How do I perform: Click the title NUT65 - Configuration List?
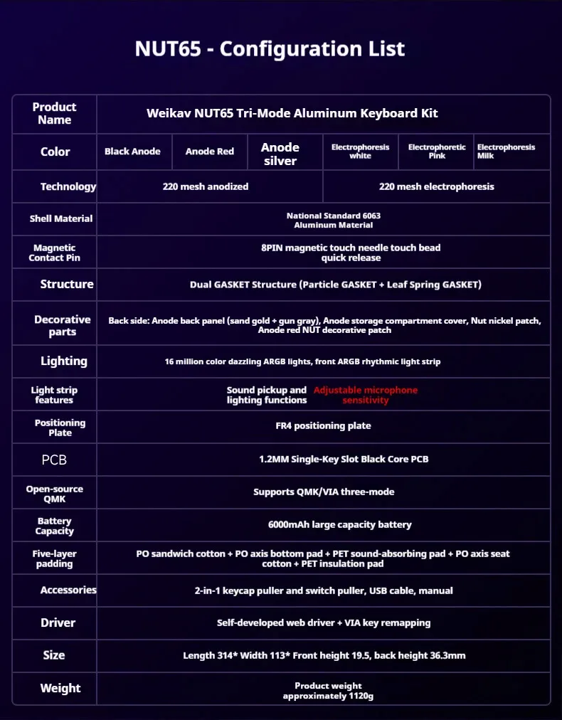[x=270, y=49]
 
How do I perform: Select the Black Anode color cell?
[x=132, y=152]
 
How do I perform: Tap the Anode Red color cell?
[x=209, y=152]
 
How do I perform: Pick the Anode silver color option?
[x=280, y=154]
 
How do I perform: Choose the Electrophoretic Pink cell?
[x=437, y=151]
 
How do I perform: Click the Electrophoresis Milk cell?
[x=506, y=151]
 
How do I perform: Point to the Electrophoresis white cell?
[x=360, y=151]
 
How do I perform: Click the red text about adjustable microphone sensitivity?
[x=366, y=395]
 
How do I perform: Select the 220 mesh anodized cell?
[x=206, y=186]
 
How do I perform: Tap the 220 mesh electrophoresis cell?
[x=436, y=186]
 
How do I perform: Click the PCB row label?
[x=54, y=460]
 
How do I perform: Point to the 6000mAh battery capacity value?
[x=339, y=524]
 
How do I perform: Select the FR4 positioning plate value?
[x=323, y=425]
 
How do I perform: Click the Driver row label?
[x=58, y=623]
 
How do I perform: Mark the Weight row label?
[x=60, y=688]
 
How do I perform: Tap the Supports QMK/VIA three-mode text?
[x=324, y=492]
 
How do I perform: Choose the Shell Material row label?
[x=61, y=218]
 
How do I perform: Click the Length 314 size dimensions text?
[x=324, y=655]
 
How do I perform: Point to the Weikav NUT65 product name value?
[x=292, y=113]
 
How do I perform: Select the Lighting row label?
[x=63, y=361]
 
